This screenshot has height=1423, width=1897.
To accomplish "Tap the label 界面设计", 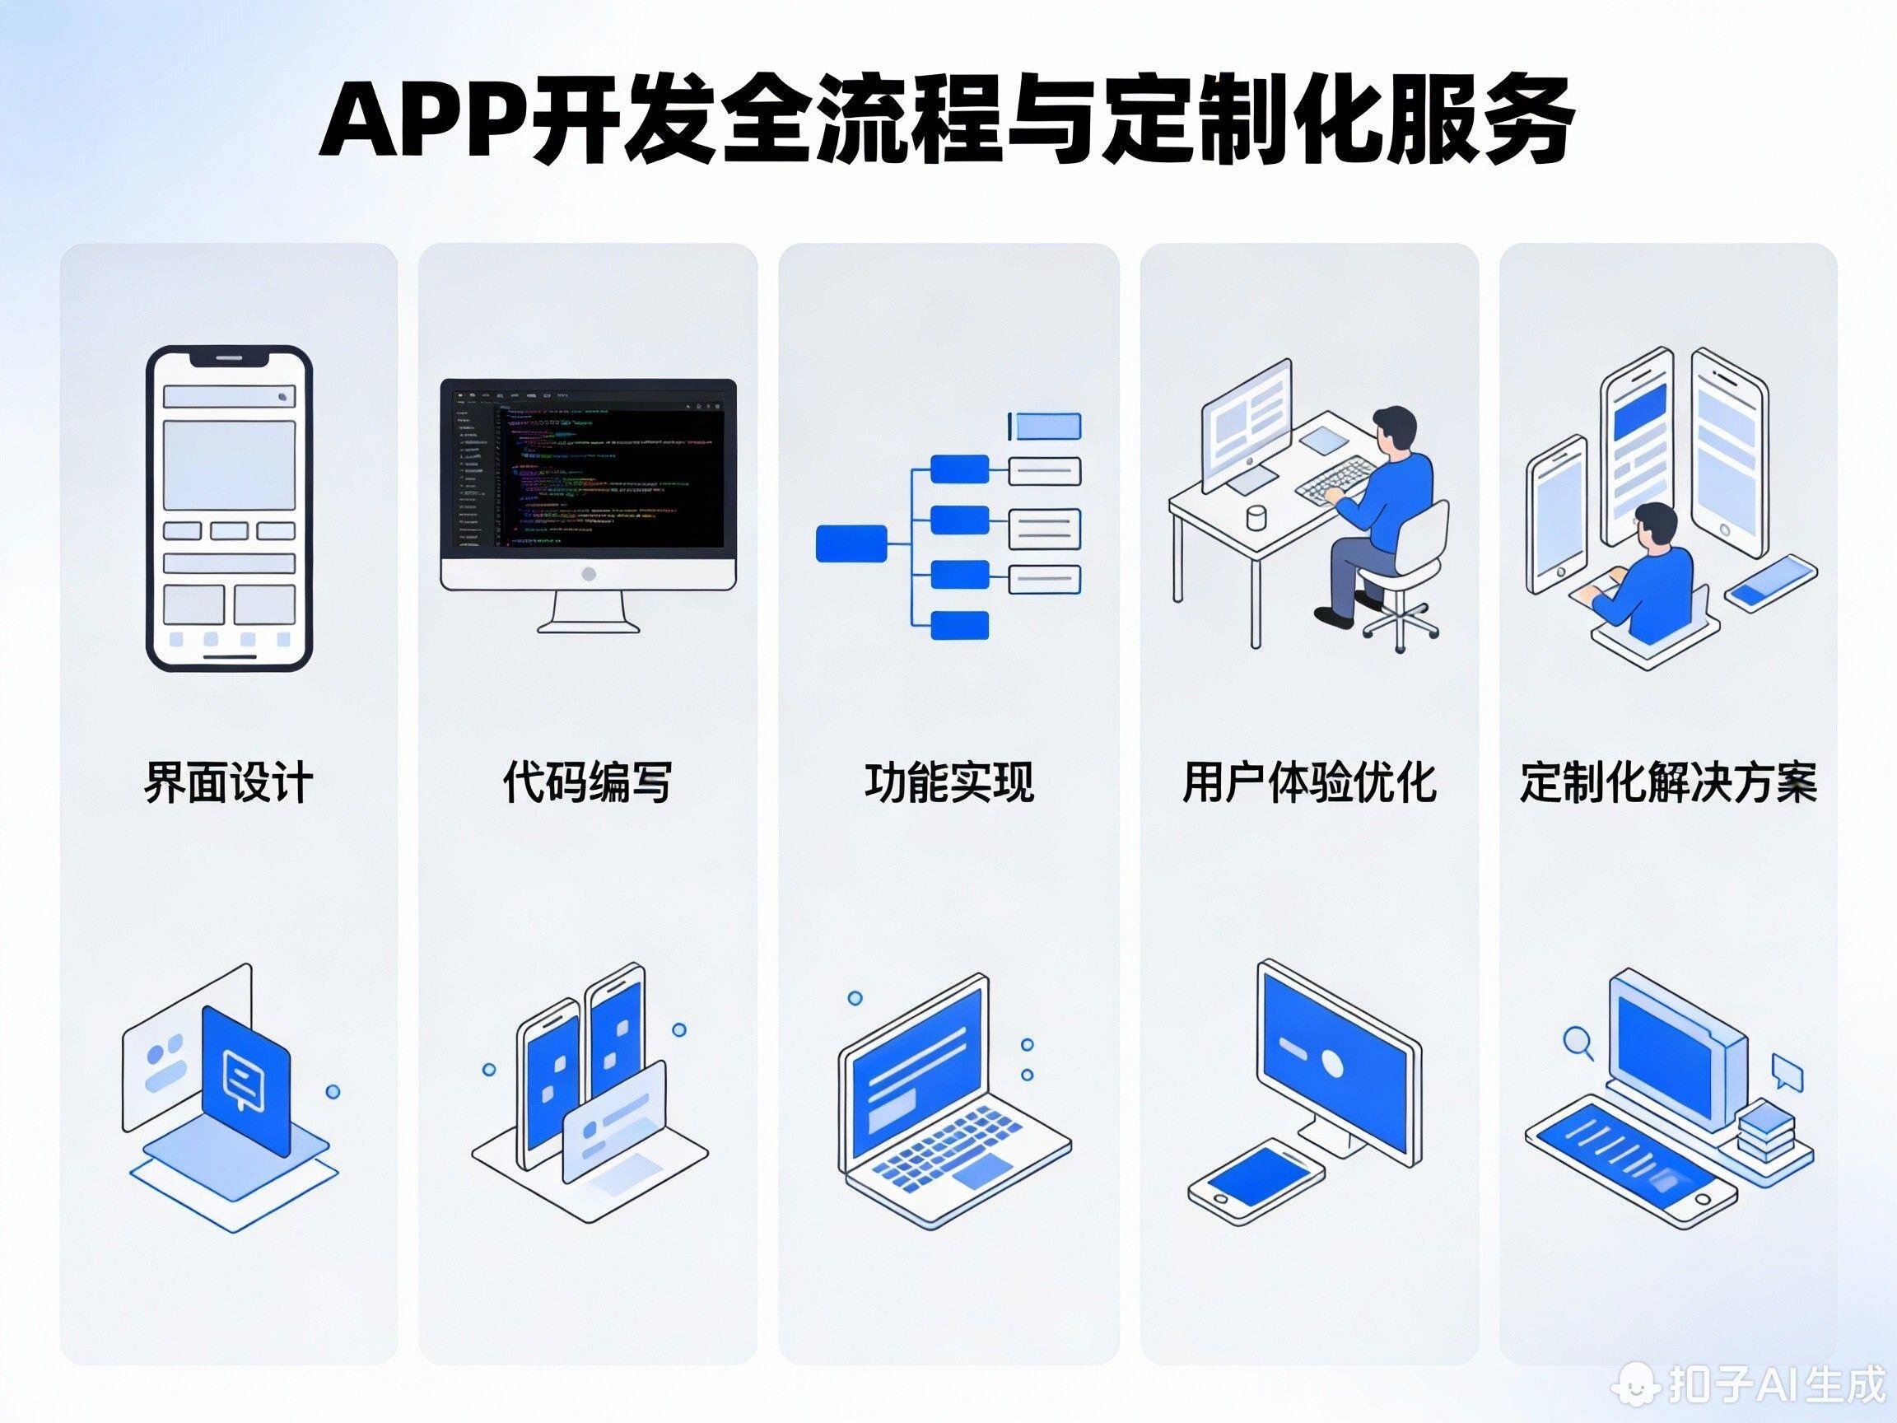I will [x=229, y=781].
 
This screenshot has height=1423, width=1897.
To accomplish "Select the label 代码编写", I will [x=587, y=781].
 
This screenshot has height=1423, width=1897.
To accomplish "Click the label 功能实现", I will [x=948, y=781].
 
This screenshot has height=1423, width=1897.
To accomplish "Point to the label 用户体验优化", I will [x=1308, y=781].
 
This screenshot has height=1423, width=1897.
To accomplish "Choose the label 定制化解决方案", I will [x=1668, y=781].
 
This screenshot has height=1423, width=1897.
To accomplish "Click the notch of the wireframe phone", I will [x=229, y=357].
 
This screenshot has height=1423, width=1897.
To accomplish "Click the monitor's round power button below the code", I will [x=589, y=574].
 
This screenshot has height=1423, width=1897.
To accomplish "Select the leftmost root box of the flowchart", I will [x=851, y=544].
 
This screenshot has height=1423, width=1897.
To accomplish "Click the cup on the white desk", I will [x=1256, y=518].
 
